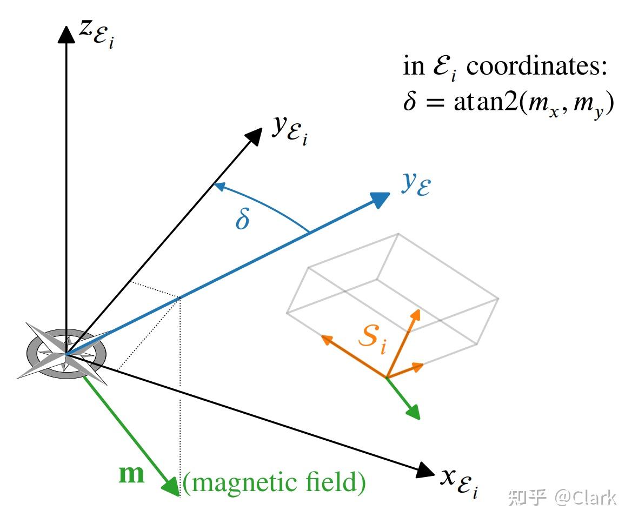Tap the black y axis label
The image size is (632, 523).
click(x=290, y=130)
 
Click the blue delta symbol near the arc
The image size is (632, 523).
click(x=243, y=219)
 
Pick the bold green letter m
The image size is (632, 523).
click(x=132, y=474)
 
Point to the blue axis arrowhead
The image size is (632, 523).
click(x=381, y=198)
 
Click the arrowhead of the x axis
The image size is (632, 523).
click(x=425, y=470)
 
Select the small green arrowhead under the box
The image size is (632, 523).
click(x=413, y=413)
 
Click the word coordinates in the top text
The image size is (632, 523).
click(x=537, y=67)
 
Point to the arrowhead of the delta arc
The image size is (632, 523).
click(x=218, y=187)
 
